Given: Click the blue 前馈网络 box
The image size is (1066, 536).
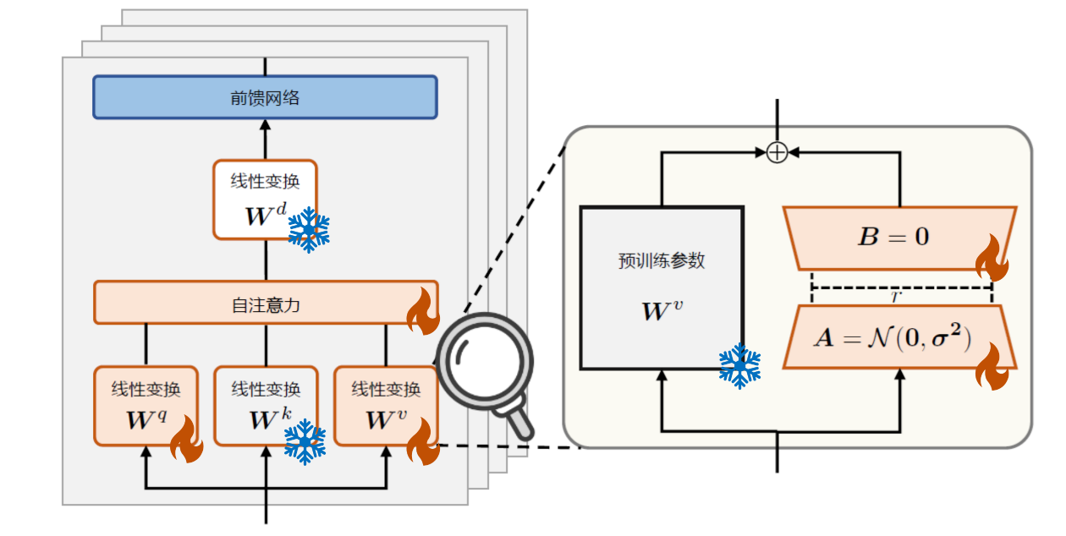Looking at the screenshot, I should [265, 97].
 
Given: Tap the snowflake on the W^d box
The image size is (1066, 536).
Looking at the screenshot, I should [309, 228].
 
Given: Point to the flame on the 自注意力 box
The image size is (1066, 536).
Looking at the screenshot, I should [423, 312].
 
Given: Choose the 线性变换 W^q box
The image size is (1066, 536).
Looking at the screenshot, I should [146, 405].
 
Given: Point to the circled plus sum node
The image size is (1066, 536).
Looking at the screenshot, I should [777, 152].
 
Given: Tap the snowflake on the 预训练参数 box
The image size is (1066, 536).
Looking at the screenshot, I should [739, 365].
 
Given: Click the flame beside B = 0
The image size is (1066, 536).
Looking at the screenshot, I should [992, 259].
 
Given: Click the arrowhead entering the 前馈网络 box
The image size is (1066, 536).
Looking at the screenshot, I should [266, 123].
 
